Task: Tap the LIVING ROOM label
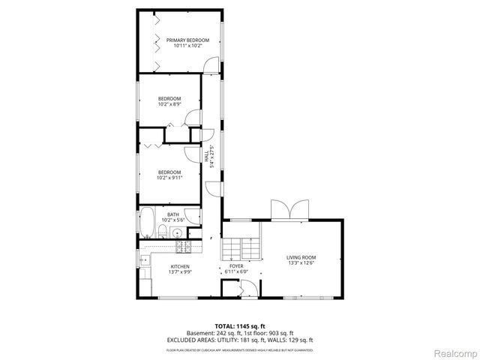tap(301, 258)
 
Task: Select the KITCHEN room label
tap(180, 266)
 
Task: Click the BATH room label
tap(173, 214)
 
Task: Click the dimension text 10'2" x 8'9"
tap(169, 104)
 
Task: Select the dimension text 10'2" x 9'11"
tap(169, 178)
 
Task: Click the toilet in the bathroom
tap(163, 229)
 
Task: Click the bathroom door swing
tap(194, 215)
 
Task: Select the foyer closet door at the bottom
tap(246, 287)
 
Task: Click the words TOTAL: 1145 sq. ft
tap(239, 325)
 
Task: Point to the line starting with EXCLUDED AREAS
tap(239, 340)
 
